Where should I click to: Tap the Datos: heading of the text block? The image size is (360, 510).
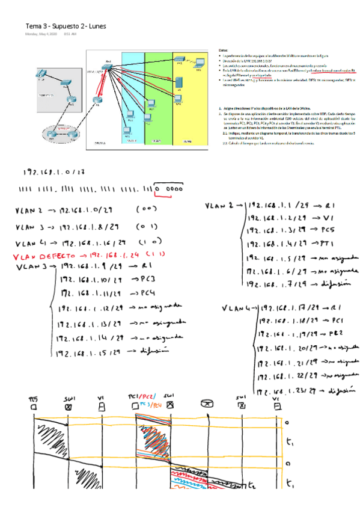tap(224, 51)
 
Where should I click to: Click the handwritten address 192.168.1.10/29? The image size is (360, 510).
tap(91, 280)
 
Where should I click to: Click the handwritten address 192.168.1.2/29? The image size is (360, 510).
tap(276, 218)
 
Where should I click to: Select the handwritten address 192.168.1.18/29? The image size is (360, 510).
tap(286, 322)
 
